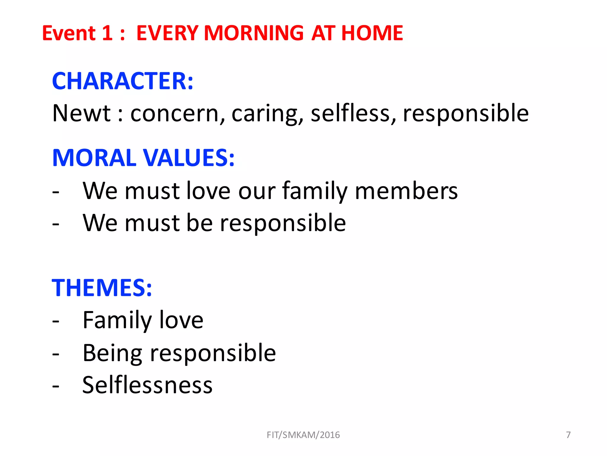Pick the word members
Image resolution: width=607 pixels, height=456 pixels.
point(406,191)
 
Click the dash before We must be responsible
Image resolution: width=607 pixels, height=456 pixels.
point(56,224)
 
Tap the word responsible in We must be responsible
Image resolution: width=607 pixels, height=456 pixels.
point(283,223)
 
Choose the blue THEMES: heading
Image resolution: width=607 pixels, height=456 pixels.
point(102,288)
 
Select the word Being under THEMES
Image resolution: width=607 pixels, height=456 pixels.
point(112,353)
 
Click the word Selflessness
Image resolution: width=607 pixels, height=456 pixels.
point(147,385)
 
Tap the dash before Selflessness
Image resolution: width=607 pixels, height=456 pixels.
point(56,386)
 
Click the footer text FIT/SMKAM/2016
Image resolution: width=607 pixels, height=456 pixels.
point(303,435)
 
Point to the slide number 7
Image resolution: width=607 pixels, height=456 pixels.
point(568,435)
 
